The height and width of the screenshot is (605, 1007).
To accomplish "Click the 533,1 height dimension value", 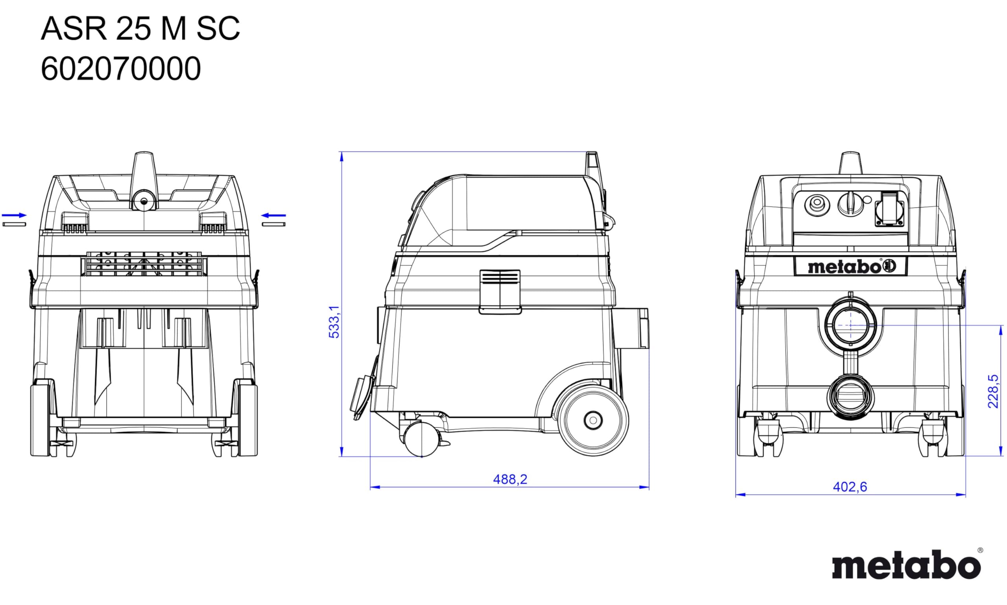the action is pos(334,322).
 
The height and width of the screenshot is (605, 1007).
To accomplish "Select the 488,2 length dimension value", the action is pos(510,480).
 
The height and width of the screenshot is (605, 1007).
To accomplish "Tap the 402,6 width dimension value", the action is pos(850,487).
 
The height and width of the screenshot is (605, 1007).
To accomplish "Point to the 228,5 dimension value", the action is pos(993,391).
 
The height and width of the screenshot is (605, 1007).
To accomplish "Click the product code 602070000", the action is pos(121,69).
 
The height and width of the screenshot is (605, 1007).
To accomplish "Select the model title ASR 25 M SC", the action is pos(141,29).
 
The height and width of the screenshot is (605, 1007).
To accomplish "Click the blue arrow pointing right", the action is pos(14,215).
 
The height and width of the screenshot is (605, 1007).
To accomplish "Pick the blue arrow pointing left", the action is pos(273,215).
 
